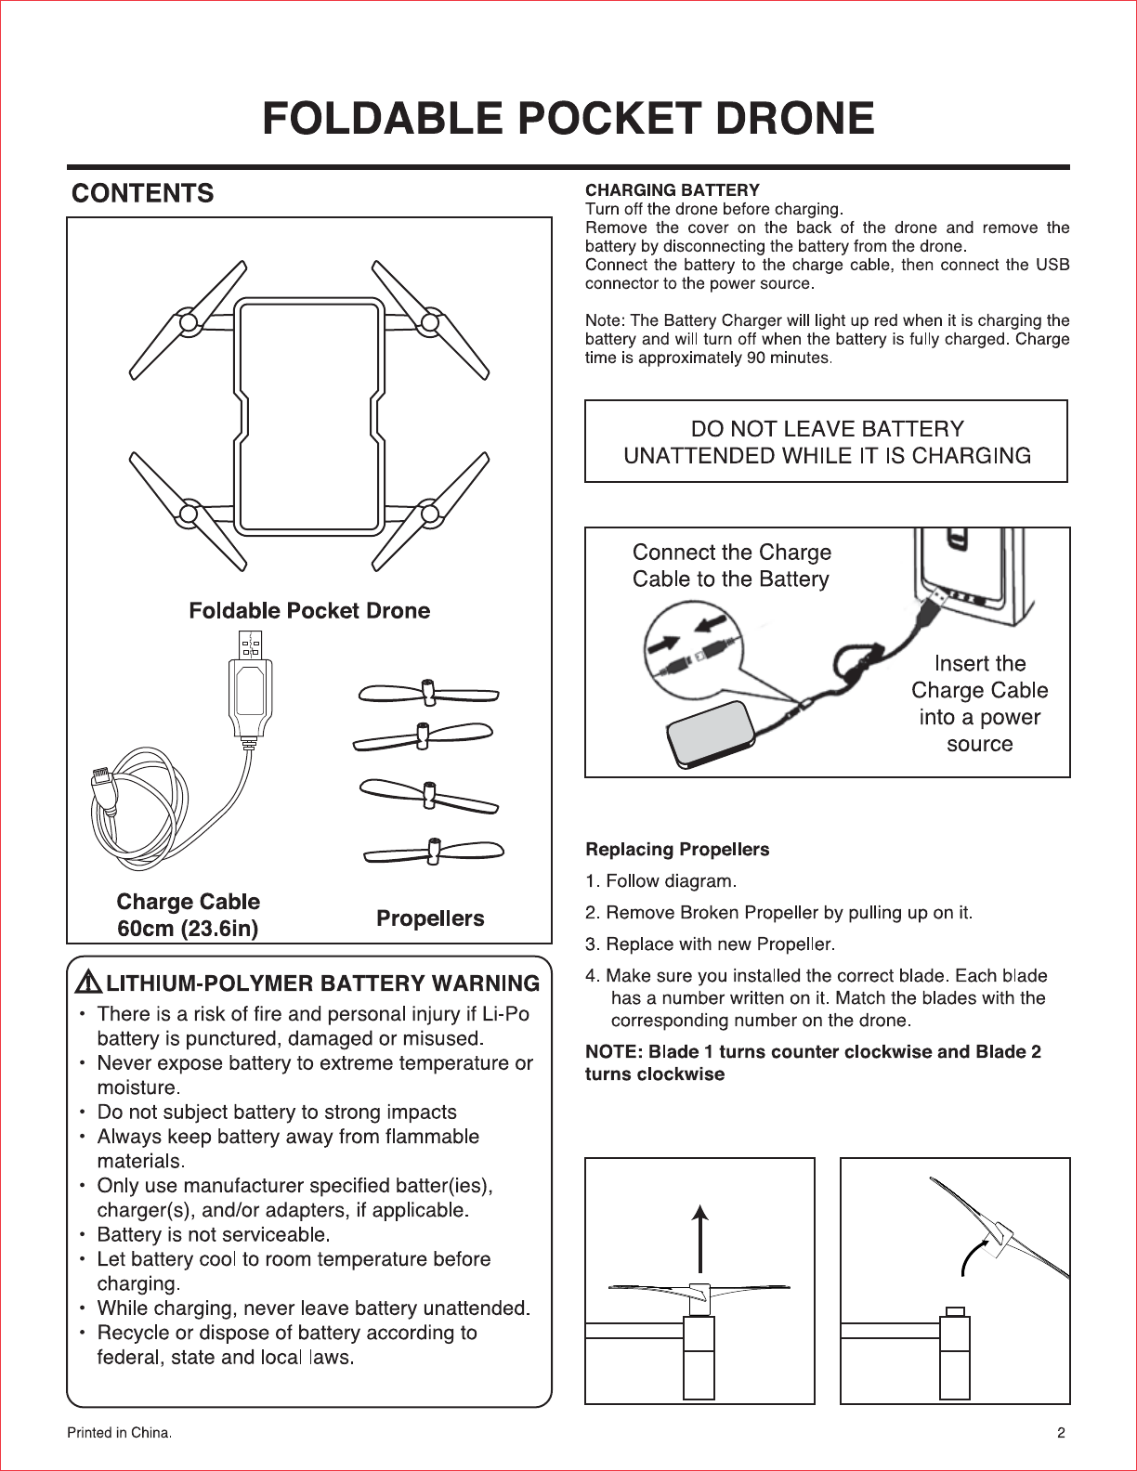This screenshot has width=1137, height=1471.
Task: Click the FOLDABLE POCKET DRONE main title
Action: [x=568, y=119]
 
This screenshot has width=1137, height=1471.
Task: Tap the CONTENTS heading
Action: [x=143, y=193]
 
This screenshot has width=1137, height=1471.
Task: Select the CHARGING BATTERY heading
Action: [x=672, y=190]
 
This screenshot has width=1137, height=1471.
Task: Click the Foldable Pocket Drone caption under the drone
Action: [x=309, y=610]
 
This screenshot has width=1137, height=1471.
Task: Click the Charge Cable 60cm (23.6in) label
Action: [x=188, y=915]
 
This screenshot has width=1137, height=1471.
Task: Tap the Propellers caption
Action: [x=430, y=918]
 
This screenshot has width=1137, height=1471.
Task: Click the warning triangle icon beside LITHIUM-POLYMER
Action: [x=88, y=983]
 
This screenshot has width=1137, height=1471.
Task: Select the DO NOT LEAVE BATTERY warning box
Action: [x=826, y=441]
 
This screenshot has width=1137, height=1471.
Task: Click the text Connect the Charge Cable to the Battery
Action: [x=731, y=566]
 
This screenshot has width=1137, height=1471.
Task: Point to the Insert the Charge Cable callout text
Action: [x=979, y=703]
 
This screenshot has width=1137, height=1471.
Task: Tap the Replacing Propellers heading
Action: [x=677, y=850]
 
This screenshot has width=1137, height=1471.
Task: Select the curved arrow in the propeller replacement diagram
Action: [x=972, y=1256]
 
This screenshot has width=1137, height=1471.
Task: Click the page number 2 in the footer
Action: [x=1061, y=1432]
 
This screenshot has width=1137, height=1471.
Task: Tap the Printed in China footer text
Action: [x=119, y=1432]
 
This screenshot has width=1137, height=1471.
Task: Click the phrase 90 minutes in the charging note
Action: [x=788, y=358]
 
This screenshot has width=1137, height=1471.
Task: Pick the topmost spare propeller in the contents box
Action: [x=428, y=694]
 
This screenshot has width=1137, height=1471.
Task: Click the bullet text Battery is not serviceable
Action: [x=214, y=1234]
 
